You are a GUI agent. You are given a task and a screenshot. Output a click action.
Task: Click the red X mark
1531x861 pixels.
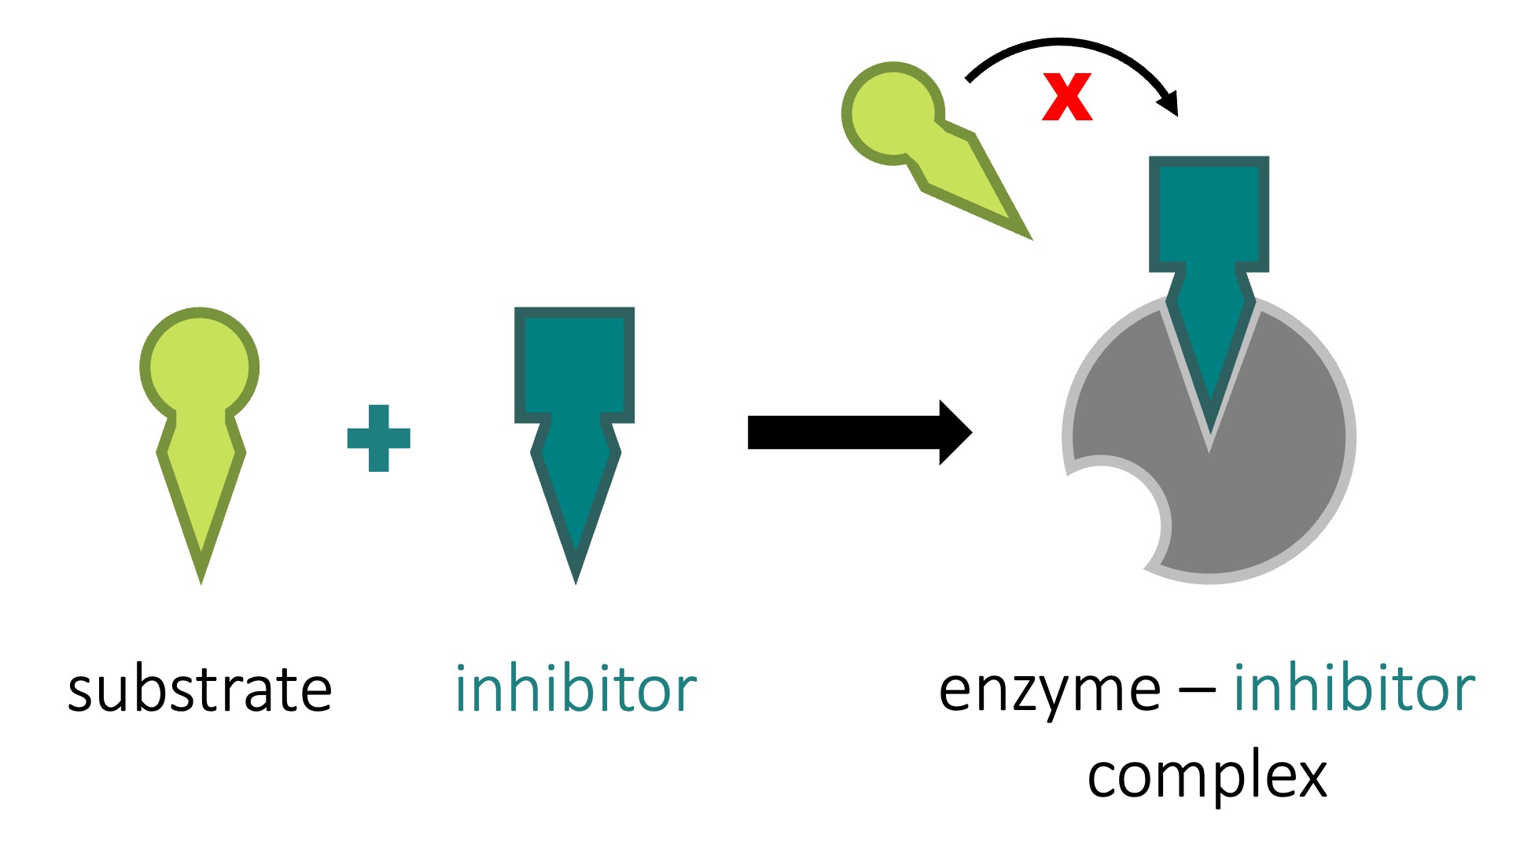point(1067,97)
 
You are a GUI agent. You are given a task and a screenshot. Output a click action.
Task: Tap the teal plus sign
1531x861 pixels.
point(378,438)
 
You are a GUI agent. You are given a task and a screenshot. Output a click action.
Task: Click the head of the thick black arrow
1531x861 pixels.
point(955,432)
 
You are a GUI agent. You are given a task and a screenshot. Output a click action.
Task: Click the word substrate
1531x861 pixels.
point(200,690)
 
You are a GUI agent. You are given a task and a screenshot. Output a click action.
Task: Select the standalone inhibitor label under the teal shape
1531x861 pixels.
point(576,690)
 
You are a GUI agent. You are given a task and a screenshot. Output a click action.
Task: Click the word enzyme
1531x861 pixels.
point(1049,690)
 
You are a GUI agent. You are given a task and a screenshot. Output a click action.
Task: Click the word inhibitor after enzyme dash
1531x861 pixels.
point(1353,690)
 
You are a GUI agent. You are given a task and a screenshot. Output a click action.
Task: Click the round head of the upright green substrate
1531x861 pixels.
point(200,366)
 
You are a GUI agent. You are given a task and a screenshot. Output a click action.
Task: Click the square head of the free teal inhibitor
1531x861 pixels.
point(574,364)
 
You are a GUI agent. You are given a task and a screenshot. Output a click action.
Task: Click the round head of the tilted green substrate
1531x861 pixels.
point(892,113)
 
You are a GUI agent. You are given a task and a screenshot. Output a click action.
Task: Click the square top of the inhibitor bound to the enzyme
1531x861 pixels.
point(1209,213)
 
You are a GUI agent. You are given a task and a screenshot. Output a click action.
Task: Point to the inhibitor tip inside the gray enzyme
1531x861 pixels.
point(1209,425)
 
